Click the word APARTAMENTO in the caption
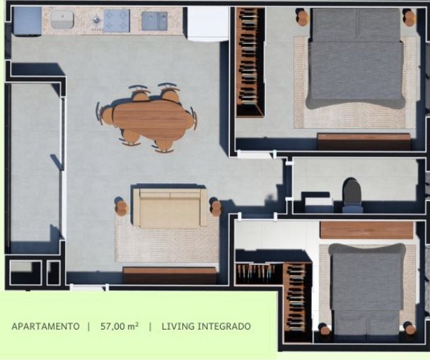click(45, 326)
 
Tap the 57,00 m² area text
click(120, 326)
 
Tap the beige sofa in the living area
click(170, 207)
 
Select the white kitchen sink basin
click(62, 20)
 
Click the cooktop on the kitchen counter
click(116, 21)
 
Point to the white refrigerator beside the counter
click(208, 24)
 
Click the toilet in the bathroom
click(352, 196)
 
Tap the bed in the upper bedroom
click(356, 59)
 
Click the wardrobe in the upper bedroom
click(250, 62)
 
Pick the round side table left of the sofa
click(121, 207)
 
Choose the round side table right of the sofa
click(215, 207)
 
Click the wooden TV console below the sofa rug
click(170, 275)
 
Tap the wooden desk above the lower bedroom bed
click(366, 230)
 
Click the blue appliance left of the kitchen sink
click(27, 21)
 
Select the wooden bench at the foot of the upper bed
click(364, 141)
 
